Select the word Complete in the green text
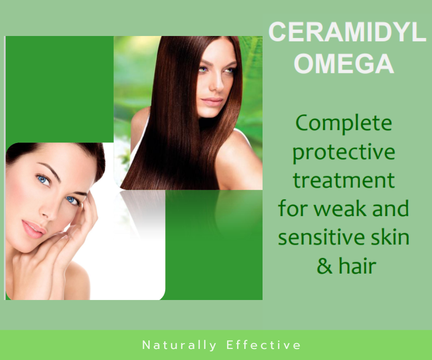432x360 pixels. [x=344, y=124]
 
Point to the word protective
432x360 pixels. [x=344, y=153]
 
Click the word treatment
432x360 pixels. [x=344, y=180]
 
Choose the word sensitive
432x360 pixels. [x=321, y=238]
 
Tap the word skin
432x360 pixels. [x=389, y=238]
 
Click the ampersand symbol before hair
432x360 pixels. [x=324, y=266]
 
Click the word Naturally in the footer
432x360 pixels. [x=180, y=345]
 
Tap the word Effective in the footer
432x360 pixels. [x=264, y=345]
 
